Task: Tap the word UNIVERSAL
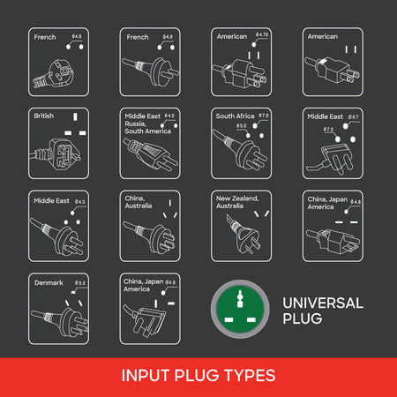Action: coord(322,303)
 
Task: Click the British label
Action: coord(43,116)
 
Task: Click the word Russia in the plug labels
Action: coord(136,124)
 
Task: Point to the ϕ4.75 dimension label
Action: coord(260,34)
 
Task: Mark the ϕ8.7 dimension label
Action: coord(353,116)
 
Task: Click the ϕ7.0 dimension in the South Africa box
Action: coord(263,116)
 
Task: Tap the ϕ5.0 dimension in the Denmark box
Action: coord(80,282)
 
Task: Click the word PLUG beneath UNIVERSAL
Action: coord(303,318)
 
